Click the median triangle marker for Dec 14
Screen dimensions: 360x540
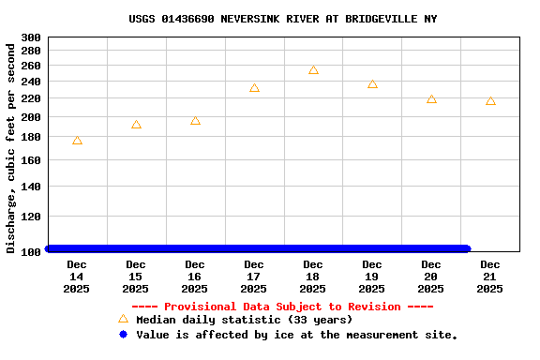pos(77,141)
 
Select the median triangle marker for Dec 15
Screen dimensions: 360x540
pos(136,125)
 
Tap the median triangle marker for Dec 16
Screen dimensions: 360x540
pos(195,121)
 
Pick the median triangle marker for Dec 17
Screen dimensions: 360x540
pos(254,88)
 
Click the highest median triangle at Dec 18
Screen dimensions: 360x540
pos(313,70)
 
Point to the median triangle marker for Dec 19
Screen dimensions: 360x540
pos(372,84)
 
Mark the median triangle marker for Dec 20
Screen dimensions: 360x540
pos(431,99)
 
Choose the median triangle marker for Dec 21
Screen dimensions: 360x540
pos(490,101)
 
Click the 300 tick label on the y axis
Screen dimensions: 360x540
pos(31,37)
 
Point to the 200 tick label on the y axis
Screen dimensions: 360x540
pos(31,117)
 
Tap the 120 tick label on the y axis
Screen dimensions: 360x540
pos(31,217)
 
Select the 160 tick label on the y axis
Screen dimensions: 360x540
pos(31,160)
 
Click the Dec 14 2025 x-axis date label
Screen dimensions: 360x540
pos(77,277)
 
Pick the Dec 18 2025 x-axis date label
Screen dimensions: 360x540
pos(313,277)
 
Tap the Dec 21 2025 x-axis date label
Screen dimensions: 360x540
pos(490,277)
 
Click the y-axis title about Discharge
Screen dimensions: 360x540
pos(11,147)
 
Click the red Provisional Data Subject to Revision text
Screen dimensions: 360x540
pos(282,307)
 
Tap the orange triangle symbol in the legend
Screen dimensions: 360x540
pos(123,319)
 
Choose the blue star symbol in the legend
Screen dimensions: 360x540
pos(123,335)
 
